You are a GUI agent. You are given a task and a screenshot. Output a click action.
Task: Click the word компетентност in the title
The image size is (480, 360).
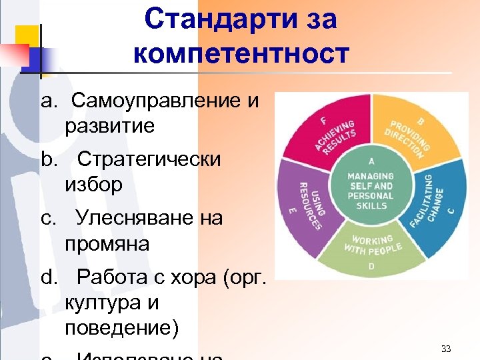click(x=241, y=53)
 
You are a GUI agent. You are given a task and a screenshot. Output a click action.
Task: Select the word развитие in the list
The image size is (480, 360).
click(x=110, y=126)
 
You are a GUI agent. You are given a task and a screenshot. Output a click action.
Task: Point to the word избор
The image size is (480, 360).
click(x=94, y=185)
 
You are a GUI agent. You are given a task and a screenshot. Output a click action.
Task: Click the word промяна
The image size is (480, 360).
click(x=107, y=243)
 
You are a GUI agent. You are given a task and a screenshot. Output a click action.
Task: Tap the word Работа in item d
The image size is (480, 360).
click(x=111, y=277)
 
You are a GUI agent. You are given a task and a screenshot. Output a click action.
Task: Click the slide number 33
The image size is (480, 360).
click(x=447, y=349)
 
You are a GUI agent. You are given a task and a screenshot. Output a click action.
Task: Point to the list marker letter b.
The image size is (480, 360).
click(x=46, y=159)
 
